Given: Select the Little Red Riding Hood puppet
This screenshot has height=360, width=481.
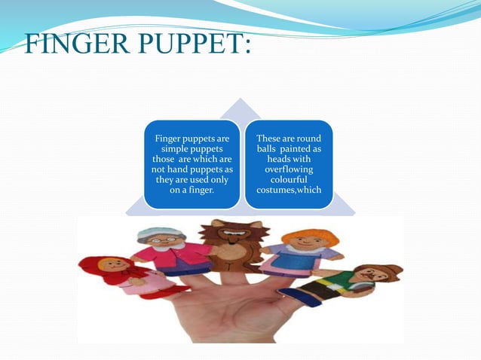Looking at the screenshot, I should (121, 276).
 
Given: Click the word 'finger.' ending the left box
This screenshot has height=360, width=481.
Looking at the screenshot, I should (201, 190).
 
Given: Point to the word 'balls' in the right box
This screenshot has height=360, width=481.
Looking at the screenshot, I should (271, 150).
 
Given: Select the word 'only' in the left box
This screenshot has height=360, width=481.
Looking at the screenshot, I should (219, 180).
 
